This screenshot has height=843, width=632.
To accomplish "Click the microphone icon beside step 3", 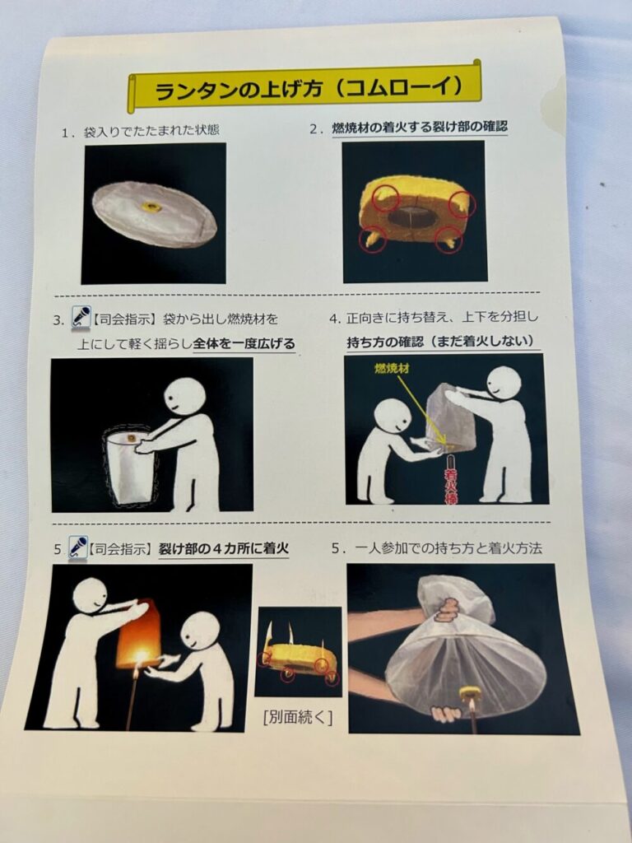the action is [81, 317].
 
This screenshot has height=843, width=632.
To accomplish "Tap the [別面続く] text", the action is [298, 718].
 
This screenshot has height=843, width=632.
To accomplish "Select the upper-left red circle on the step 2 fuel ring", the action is [386, 198].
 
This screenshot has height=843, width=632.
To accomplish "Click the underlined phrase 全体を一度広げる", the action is [244, 343].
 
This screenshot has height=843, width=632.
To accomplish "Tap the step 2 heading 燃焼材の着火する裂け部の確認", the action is [420, 128].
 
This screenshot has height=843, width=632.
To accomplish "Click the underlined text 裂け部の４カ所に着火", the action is [224, 548].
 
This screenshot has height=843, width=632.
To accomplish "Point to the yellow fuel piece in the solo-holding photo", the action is [469, 694].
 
